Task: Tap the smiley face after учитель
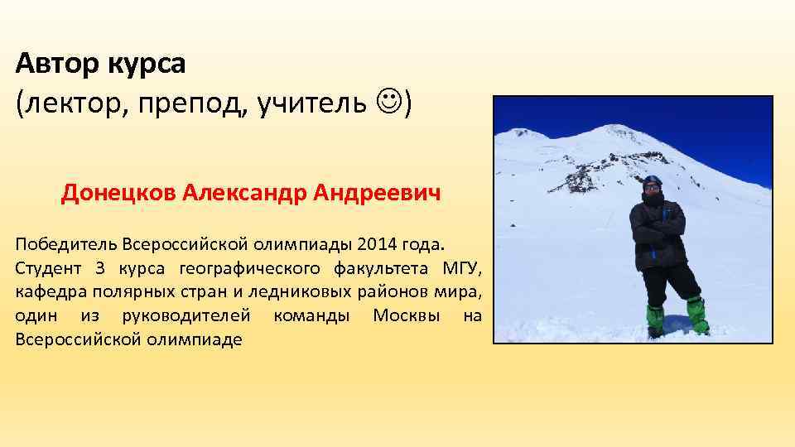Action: (388, 103)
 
